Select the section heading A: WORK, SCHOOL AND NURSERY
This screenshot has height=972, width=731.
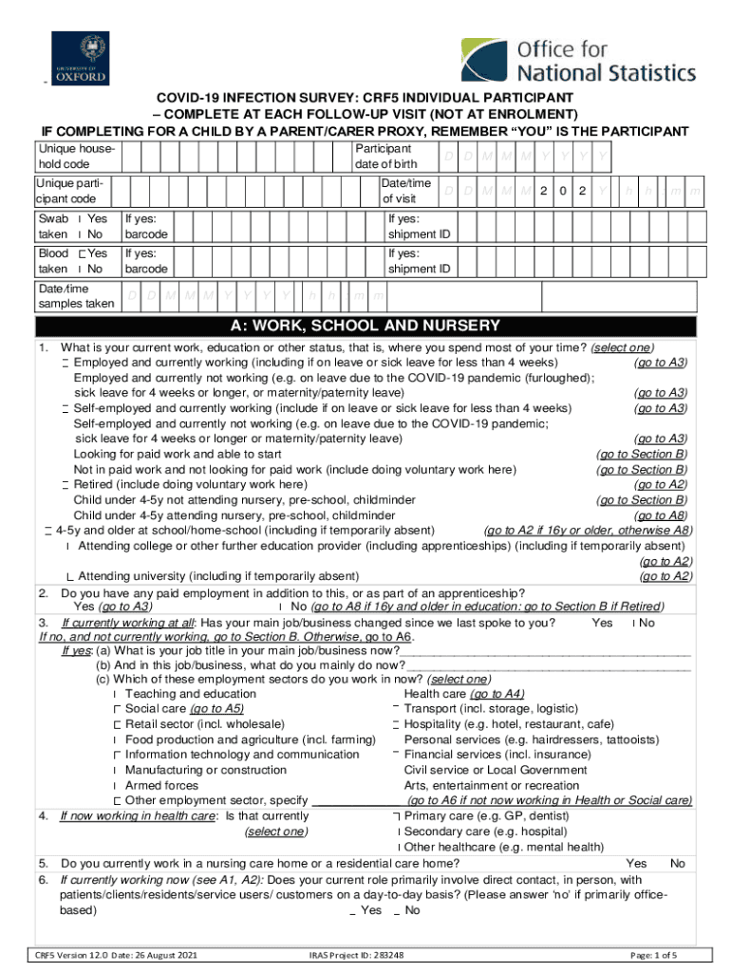pos(365,326)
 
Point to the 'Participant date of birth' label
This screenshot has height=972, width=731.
pos(383,157)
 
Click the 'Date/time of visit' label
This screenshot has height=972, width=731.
pos(406,190)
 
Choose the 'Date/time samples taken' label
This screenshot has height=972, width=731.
pos(64,296)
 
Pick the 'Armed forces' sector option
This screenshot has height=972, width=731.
pos(161,785)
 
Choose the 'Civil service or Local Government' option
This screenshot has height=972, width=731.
pos(496,770)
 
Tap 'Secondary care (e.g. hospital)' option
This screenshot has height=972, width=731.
pos(488,832)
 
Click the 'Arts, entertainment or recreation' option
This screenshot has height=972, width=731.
pos(491,785)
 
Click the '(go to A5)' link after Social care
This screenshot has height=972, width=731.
pos(216,709)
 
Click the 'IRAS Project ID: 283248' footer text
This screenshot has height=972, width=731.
pos(356,955)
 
